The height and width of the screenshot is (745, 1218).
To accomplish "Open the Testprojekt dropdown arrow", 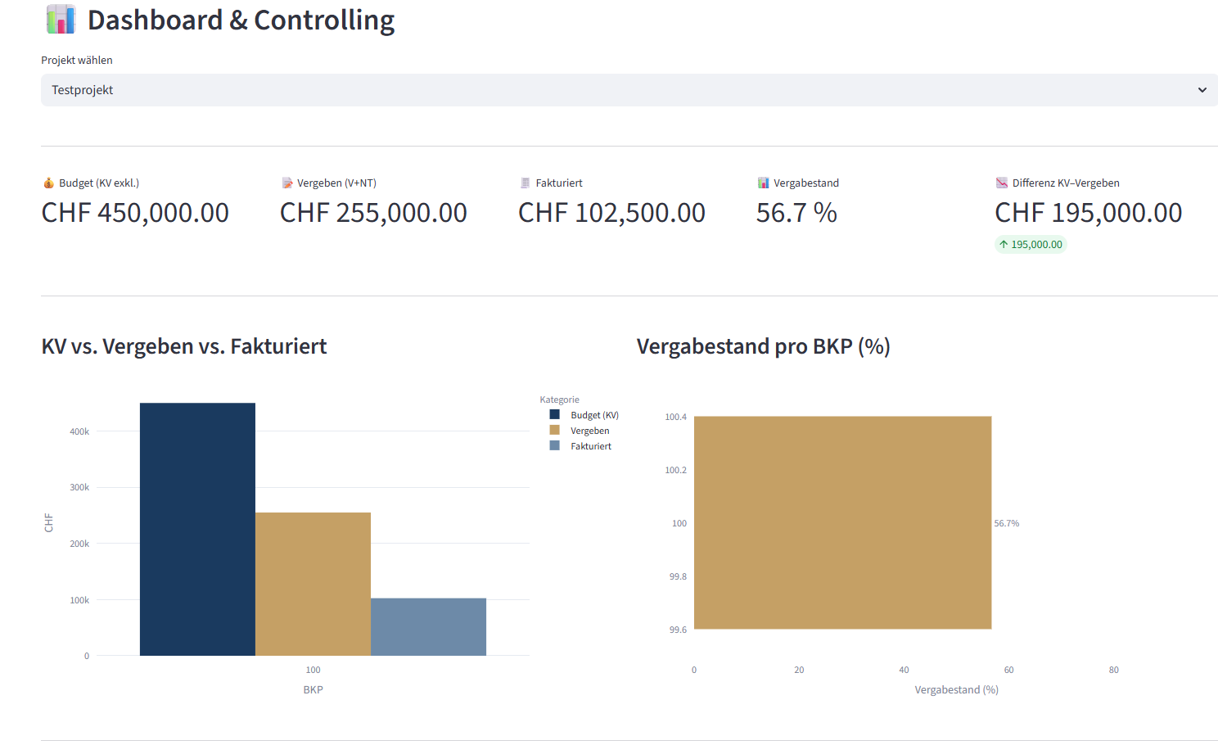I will click(x=1202, y=90).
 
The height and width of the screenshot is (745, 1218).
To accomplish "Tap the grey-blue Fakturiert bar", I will click(x=428, y=626).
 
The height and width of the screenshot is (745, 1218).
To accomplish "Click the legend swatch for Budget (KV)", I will click(x=554, y=415).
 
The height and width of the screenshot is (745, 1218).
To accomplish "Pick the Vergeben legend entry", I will click(x=589, y=431).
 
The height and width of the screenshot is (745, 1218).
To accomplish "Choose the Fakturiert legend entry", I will click(x=590, y=446).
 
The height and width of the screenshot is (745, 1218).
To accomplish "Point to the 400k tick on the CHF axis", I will click(x=79, y=431).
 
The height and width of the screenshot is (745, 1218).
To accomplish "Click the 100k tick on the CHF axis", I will click(x=79, y=600).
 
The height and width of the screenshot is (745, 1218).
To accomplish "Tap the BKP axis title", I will click(x=313, y=689).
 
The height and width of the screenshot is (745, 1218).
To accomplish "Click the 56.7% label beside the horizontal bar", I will click(x=1007, y=523).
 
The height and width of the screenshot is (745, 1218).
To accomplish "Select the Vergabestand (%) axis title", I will click(x=956, y=689).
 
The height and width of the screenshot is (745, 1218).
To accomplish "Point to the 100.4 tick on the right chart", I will click(x=675, y=417).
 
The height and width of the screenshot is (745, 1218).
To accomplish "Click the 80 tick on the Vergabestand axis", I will click(x=1113, y=670).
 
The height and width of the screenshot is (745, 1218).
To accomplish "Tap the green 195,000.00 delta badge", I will click(x=1031, y=244).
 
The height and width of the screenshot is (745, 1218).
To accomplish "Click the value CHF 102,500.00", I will click(x=611, y=213).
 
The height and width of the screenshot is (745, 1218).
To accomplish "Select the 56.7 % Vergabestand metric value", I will click(x=796, y=213).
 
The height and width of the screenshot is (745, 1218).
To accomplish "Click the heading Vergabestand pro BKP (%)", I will click(x=763, y=346).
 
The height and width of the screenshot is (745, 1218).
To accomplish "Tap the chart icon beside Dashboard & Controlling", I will click(x=61, y=20).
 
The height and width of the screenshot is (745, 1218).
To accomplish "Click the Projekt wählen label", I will click(x=77, y=60).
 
